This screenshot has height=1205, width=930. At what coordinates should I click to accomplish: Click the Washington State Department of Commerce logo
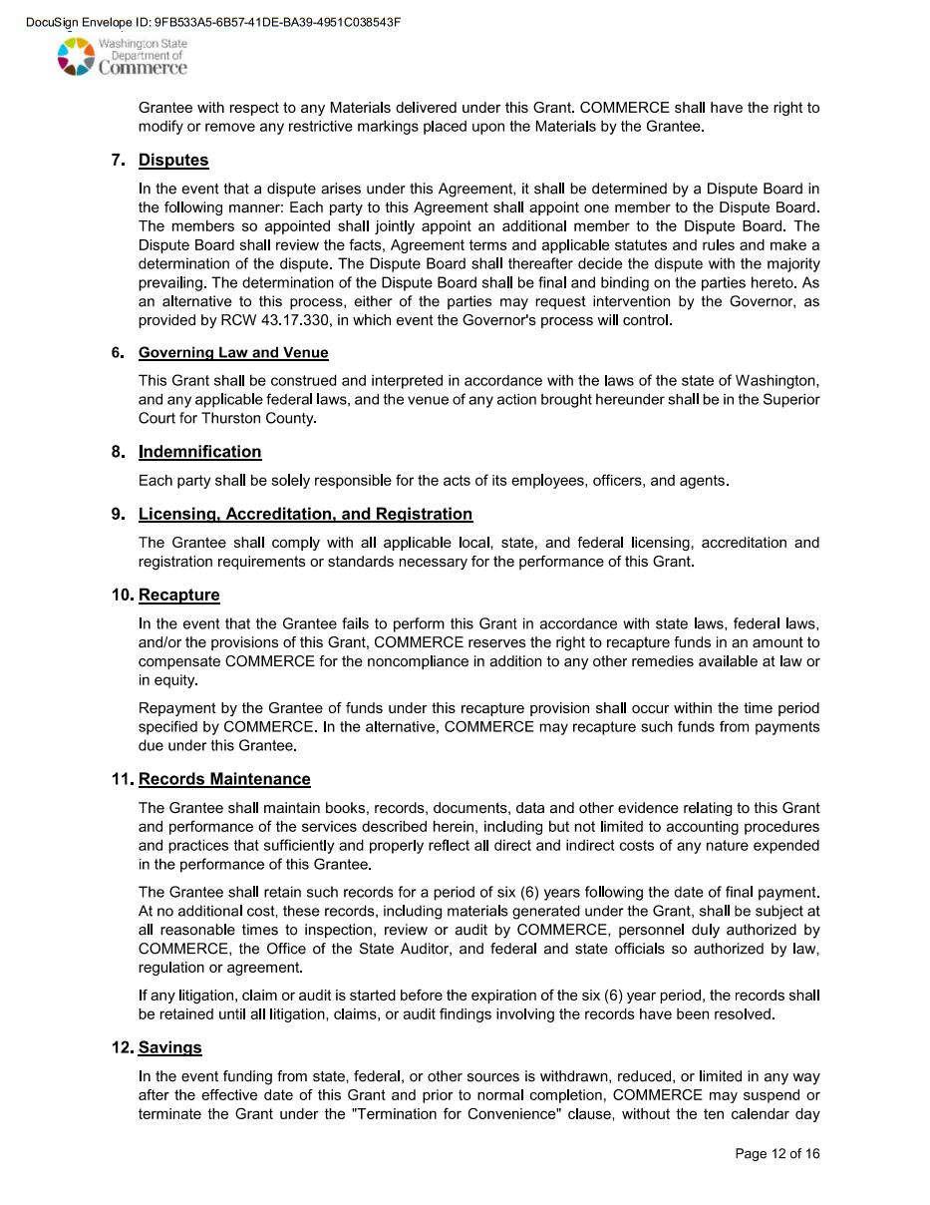(x=122, y=57)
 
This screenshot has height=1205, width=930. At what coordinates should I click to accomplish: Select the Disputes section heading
(x=173, y=161)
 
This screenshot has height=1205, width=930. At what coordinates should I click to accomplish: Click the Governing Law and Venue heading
(x=233, y=353)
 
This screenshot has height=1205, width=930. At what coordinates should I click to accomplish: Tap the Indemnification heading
(x=199, y=452)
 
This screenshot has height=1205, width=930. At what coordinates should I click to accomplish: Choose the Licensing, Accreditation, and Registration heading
(x=305, y=515)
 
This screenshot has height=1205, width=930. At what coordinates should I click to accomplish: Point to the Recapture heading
(x=179, y=596)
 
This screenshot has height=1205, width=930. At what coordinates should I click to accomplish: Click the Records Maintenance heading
(x=224, y=779)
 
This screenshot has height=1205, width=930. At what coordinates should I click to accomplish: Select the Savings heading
(x=170, y=1047)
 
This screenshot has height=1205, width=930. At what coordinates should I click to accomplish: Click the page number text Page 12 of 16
(x=777, y=1154)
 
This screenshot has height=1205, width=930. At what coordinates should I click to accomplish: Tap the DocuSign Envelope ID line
(x=213, y=22)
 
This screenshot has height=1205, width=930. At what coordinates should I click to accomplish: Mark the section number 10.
(x=123, y=596)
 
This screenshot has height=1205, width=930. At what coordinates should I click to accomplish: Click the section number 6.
(x=118, y=353)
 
